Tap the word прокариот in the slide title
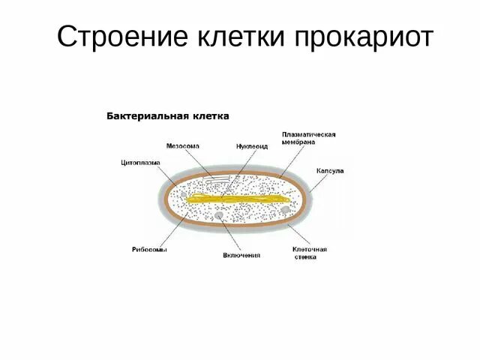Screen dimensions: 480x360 point(365,36)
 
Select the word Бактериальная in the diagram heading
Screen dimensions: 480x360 point(143,116)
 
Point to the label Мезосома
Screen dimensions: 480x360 point(183,146)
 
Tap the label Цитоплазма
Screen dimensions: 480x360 point(138,161)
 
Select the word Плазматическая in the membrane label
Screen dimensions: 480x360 point(308,135)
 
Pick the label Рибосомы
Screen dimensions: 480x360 point(145,249)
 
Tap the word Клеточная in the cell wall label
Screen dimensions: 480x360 point(309,249)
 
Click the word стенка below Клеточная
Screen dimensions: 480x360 point(304,257)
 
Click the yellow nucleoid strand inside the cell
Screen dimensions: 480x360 point(240,199)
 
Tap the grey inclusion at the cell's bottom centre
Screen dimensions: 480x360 point(219,217)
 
